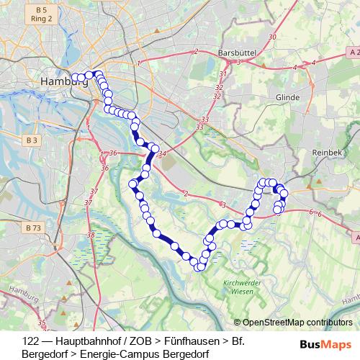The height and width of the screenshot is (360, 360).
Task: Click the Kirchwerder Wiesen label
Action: [240, 287]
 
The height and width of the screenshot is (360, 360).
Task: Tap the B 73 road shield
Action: [33, 228]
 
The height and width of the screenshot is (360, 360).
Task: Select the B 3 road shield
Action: [30, 140]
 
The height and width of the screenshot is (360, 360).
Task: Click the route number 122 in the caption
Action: [30, 338]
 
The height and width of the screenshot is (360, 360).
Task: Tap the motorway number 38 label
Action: [90, 235]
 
